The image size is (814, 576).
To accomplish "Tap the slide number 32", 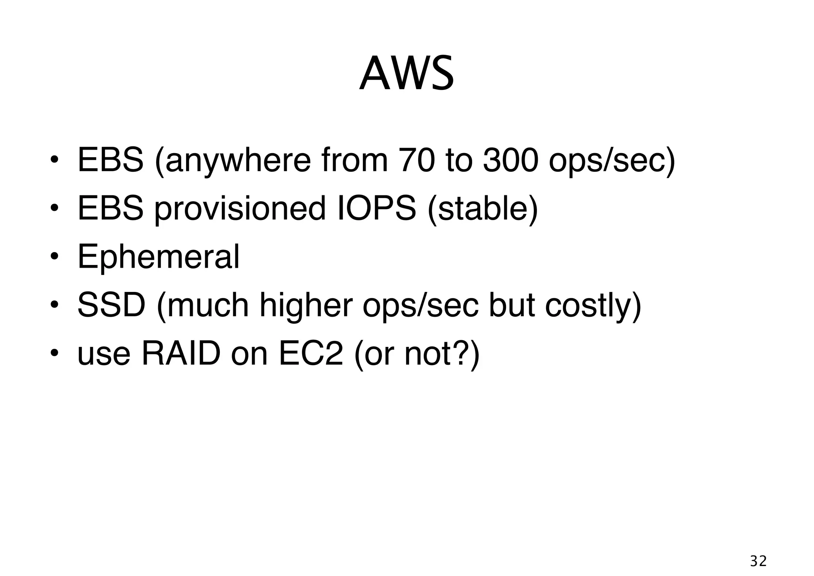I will pyautogui.click(x=758, y=561).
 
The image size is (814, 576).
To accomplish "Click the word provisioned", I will pyautogui.click(x=240, y=209).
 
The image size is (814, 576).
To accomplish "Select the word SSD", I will pyautogui.click(x=111, y=305).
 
